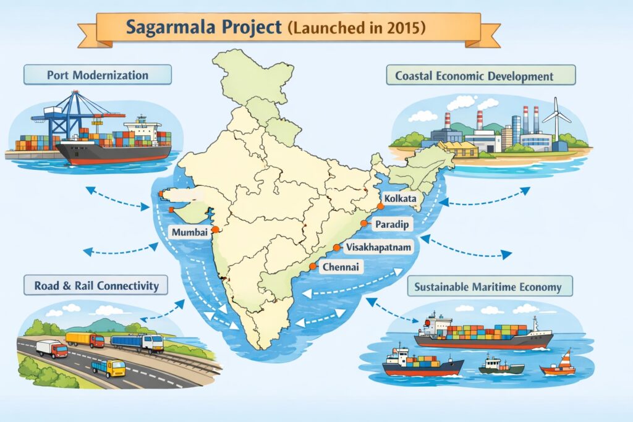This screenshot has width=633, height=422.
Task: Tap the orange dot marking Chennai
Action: pyautogui.click(x=313, y=266)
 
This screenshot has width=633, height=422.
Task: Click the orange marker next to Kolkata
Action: pyautogui.click(x=380, y=206)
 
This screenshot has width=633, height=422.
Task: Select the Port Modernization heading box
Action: pyautogui.click(x=98, y=75)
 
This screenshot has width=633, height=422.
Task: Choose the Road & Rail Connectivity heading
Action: pyautogui.click(x=96, y=285)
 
